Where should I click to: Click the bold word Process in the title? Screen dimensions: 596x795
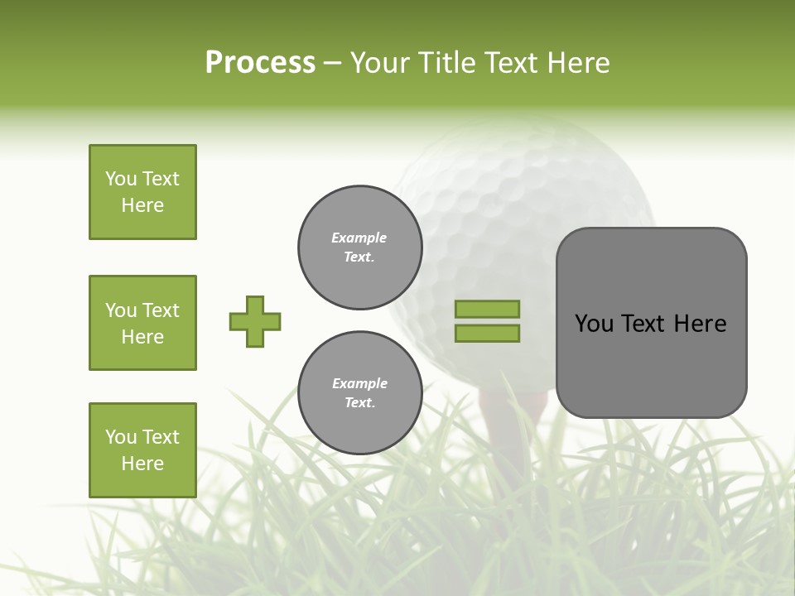[260, 63]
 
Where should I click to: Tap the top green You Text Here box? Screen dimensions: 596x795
[142, 192]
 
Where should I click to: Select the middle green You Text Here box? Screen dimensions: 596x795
[142, 323]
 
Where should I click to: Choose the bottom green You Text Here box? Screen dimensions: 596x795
[142, 450]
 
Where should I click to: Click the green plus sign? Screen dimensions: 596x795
[255, 321]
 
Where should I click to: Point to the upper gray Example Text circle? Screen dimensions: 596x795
[360, 248]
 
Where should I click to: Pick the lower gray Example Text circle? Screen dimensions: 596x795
[360, 393]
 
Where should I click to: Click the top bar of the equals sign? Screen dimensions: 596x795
[487, 309]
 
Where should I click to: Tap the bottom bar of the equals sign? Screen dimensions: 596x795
[487, 334]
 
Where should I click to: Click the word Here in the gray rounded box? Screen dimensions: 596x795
[700, 324]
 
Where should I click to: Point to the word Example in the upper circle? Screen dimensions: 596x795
[359, 238]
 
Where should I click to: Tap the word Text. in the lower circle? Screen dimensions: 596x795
[359, 403]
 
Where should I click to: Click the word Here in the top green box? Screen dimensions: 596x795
[142, 205]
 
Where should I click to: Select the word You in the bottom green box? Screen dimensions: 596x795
[121, 437]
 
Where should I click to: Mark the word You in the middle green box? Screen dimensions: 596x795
[121, 310]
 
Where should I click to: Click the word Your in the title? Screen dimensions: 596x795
[379, 63]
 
